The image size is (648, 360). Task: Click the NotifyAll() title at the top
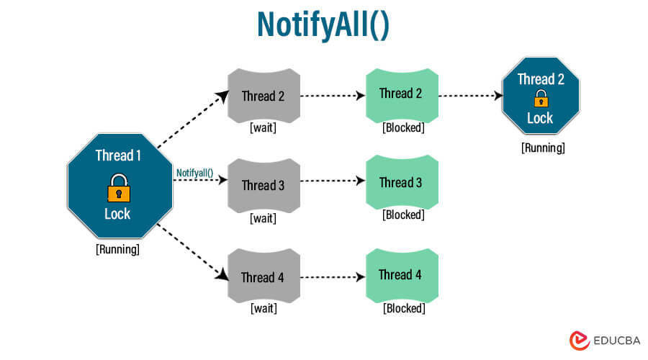pyautogui.click(x=323, y=24)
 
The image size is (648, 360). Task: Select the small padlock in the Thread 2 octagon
pyautogui.click(x=540, y=99)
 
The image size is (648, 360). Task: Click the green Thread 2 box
pyautogui.click(x=402, y=94)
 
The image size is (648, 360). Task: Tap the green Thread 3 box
pyautogui.click(x=402, y=183)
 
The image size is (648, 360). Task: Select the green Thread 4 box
pyautogui.click(x=402, y=274)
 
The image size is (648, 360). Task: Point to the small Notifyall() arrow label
pyautogui.click(x=194, y=173)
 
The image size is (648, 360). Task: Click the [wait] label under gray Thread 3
pyautogui.click(x=263, y=218)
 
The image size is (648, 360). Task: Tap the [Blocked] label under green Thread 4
pyautogui.click(x=403, y=308)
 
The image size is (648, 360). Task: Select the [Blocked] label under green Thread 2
pyautogui.click(x=403, y=127)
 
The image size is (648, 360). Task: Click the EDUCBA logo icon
pyautogui.click(x=579, y=340)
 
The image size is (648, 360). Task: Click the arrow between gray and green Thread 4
pyautogui.click(x=332, y=276)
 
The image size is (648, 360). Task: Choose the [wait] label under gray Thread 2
pyautogui.click(x=263, y=127)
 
